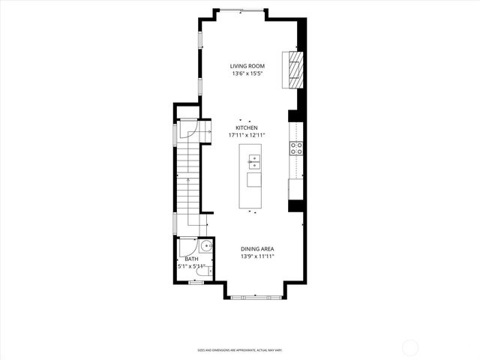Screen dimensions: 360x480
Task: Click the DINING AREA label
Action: point(256,249)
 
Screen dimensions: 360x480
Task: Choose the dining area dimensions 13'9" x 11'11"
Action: point(256,256)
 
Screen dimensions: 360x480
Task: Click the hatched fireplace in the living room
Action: point(295,68)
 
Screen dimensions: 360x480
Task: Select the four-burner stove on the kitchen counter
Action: point(297,148)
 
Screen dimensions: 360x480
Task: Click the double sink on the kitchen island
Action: point(254,159)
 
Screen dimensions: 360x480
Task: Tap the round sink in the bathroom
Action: point(207,248)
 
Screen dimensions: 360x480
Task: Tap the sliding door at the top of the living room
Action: point(241,11)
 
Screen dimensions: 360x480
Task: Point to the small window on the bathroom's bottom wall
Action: point(196,283)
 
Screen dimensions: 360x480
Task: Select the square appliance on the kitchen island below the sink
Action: point(254,179)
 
